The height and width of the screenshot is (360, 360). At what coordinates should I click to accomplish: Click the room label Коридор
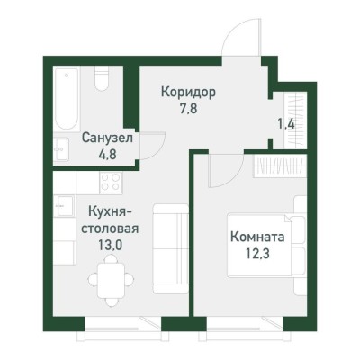pyautogui.click(x=189, y=91)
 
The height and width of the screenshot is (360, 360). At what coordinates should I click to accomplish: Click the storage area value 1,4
pyautogui.click(x=286, y=123)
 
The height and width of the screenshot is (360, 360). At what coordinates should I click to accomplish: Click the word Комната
pyautogui.click(x=258, y=238)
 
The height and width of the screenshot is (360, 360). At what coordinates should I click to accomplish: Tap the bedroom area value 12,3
pyautogui.click(x=258, y=256)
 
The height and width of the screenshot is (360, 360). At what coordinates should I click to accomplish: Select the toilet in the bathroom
pyautogui.click(x=102, y=82)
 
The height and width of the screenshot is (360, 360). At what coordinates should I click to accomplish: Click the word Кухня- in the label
pyautogui.click(x=106, y=211)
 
